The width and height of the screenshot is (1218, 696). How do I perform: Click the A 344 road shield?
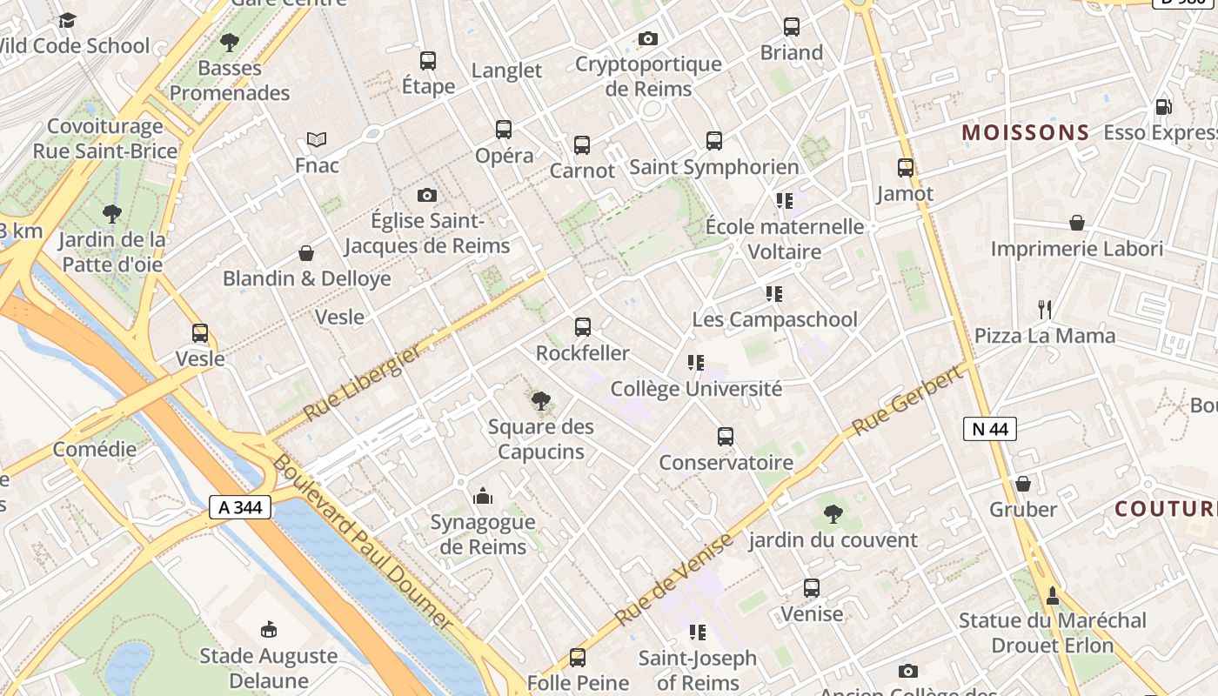pyautogui.click(x=240, y=506)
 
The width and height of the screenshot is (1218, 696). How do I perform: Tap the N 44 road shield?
pyautogui.click(x=990, y=428)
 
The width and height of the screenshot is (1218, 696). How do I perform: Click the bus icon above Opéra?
pyautogui.click(x=504, y=130)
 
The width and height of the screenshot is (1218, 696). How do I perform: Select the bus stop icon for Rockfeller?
pyautogui.click(x=583, y=327)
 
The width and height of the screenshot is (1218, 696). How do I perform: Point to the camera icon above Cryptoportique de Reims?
pyautogui.click(x=647, y=38)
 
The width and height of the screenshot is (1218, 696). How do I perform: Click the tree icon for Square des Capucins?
pyautogui.click(x=541, y=401)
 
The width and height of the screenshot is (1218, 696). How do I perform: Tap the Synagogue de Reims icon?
pyautogui.click(x=483, y=497)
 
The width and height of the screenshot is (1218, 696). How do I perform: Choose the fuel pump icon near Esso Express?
pyautogui.click(x=1163, y=107)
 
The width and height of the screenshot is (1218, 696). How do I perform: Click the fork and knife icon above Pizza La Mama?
pyautogui.click(x=1045, y=309)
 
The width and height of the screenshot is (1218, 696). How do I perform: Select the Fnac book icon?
pyautogui.click(x=317, y=139)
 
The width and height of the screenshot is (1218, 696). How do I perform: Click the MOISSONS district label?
pyautogui.click(x=1025, y=133)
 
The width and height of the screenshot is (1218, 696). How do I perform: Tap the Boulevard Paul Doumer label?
pyautogui.click(x=362, y=541)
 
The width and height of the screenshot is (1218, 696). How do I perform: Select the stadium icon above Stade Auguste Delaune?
pyautogui.click(x=269, y=629)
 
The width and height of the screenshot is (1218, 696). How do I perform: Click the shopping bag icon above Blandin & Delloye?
pyautogui.click(x=306, y=253)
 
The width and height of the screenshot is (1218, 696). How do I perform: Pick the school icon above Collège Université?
pyautogui.click(x=695, y=363)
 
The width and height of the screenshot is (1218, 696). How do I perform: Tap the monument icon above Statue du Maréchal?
pyautogui.click(x=1052, y=595)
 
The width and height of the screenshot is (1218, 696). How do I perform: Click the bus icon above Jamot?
pyautogui.click(x=906, y=168)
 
